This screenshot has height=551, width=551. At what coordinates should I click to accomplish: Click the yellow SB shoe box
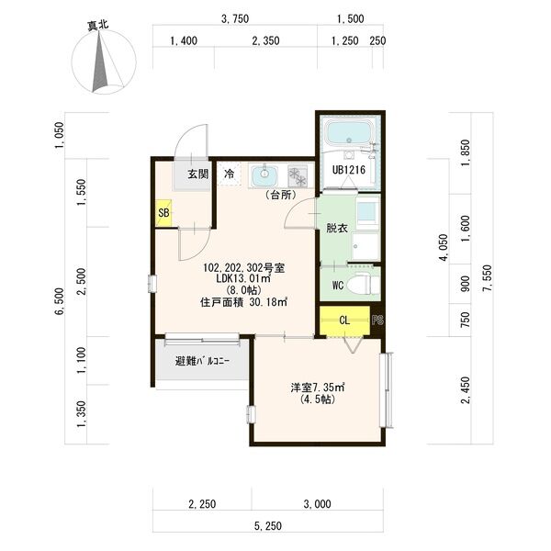(x=163, y=213)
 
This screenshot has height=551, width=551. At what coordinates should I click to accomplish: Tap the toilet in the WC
(x=363, y=285)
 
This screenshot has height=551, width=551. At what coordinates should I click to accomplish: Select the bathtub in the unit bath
(x=347, y=132)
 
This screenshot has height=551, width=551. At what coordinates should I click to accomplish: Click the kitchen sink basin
(x=264, y=174)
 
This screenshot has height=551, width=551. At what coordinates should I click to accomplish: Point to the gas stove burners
(x=298, y=175)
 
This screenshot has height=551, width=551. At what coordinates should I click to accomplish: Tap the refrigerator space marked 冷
(x=229, y=174)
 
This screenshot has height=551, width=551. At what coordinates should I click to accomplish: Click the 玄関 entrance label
(x=197, y=174)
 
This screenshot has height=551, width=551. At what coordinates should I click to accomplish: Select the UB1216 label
(x=349, y=170)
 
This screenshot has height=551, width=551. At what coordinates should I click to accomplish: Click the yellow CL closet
(x=344, y=320)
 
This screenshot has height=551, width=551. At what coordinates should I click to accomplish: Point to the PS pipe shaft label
(x=377, y=320)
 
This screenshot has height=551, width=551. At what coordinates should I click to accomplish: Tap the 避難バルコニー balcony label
(x=202, y=361)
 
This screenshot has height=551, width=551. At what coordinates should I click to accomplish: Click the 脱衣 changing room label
(x=337, y=228)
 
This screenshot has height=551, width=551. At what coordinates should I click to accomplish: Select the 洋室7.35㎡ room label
(x=317, y=388)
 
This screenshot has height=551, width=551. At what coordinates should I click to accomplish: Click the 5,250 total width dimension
(x=268, y=525)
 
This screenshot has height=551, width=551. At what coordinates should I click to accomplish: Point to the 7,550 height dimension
(x=487, y=278)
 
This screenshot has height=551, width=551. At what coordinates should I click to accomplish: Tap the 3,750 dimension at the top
(x=235, y=18)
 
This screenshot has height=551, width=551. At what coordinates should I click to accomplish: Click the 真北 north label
(x=98, y=26)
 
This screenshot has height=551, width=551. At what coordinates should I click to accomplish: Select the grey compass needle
(x=100, y=63)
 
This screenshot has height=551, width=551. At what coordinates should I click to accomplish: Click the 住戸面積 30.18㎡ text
(x=244, y=302)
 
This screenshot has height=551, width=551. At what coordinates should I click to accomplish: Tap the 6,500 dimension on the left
(x=60, y=301)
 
